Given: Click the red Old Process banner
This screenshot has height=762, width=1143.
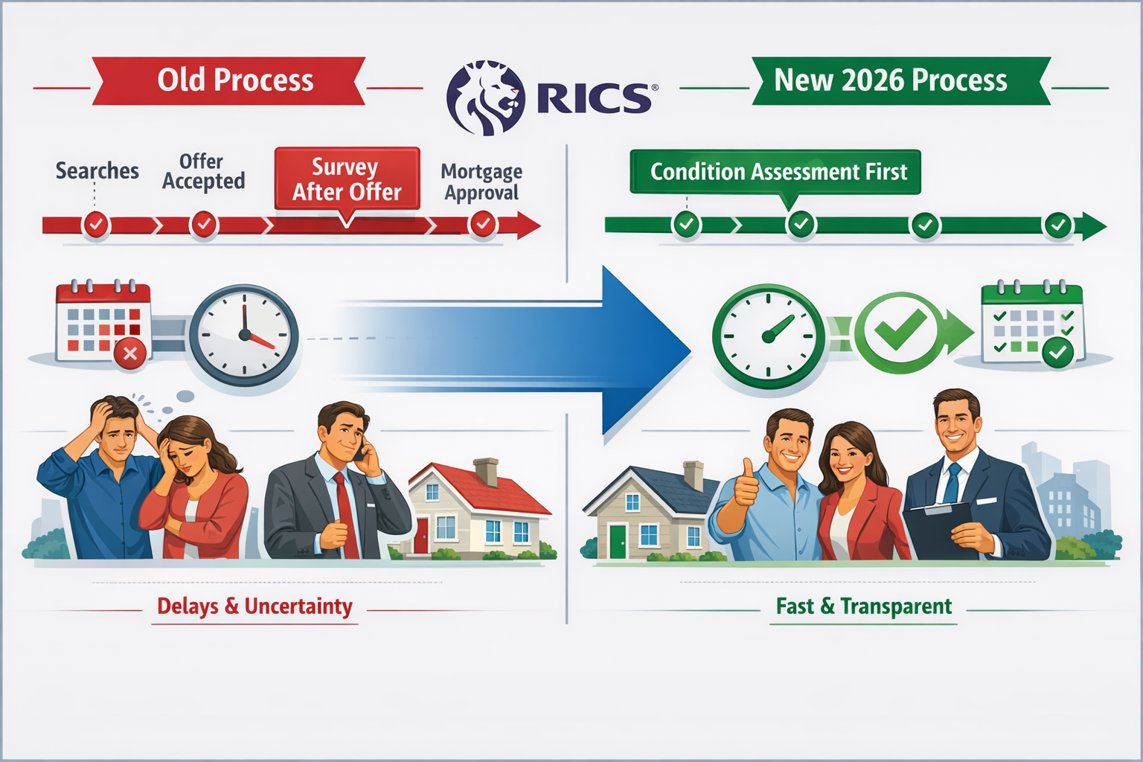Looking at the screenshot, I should coord(229,80).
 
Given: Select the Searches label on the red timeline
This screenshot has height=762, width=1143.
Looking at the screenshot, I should coord(97,170).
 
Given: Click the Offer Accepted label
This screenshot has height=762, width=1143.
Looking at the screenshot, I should coord(203,171).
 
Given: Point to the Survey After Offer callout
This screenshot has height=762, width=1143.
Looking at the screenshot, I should coord(347,179).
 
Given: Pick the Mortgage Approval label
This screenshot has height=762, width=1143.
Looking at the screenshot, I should coord(481,182).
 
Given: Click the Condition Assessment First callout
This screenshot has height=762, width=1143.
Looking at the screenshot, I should coord(778,172).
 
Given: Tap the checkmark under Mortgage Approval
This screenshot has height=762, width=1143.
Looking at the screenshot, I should coord(483,223).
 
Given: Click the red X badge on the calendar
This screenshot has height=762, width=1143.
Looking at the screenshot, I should coord(130,353).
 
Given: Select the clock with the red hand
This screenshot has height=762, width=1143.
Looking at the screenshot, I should coord(244,336).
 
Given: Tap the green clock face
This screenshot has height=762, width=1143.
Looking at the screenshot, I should coord(769,336).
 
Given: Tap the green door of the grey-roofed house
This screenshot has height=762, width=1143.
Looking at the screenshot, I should coord(618,541).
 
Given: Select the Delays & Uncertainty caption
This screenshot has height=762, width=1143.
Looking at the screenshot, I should coord(254,606).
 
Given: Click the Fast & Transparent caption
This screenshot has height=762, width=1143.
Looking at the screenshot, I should coord(863,606).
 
